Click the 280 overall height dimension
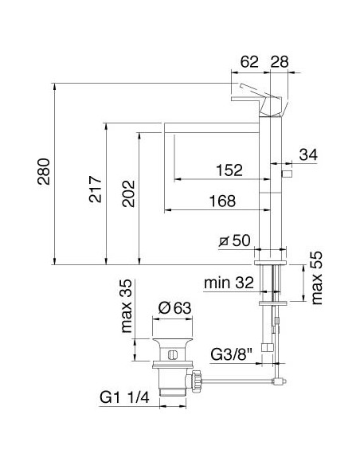tap(45, 172)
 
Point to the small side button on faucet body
tap(288, 173)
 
